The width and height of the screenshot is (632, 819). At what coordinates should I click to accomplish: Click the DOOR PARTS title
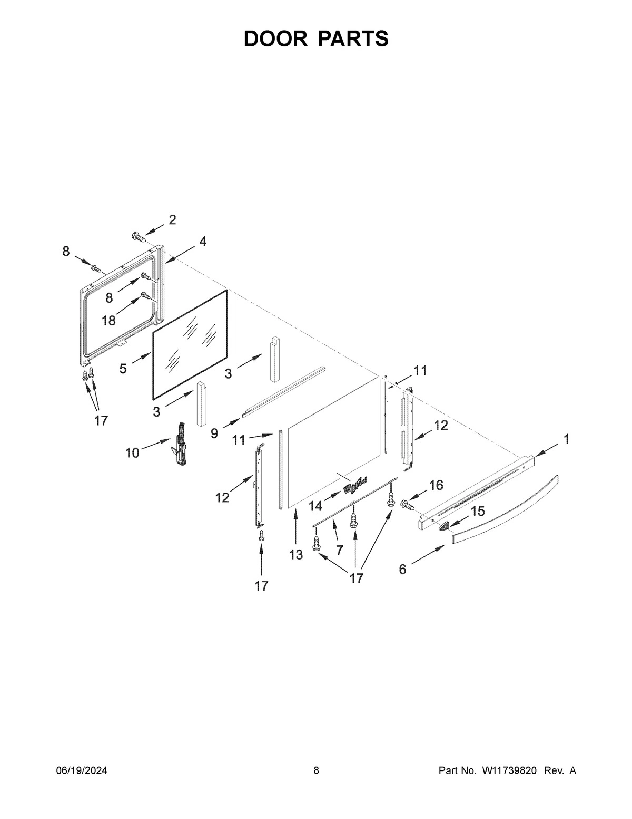tap(316, 39)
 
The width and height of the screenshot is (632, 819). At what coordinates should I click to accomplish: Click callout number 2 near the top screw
tap(172, 220)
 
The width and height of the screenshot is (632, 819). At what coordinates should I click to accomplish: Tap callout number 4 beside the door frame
tap(202, 242)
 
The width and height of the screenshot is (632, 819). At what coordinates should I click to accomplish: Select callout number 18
tap(109, 320)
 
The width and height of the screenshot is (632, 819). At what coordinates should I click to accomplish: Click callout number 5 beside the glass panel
tap(123, 369)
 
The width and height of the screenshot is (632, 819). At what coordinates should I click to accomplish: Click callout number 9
tap(214, 433)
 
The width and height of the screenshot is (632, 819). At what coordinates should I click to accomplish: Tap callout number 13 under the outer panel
tap(296, 554)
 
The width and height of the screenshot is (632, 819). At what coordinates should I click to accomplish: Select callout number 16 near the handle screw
tap(436, 485)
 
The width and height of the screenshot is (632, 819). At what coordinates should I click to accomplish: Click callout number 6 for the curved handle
tap(402, 569)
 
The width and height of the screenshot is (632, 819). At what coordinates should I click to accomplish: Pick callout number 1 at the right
tap(566, 439)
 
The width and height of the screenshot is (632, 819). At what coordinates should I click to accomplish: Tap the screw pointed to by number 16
tap(408, 505)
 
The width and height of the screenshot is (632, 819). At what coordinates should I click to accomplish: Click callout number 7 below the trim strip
tap(339, 550)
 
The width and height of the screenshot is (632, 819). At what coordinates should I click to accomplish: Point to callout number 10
tap(132, 452)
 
